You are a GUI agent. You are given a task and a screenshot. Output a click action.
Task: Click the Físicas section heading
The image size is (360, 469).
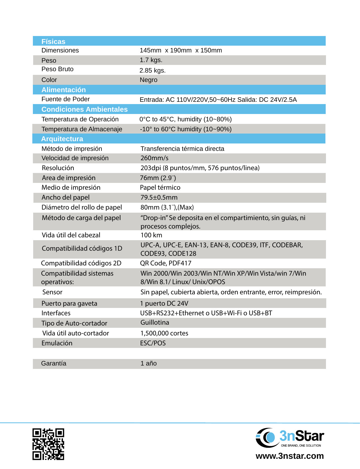tap(53, 42)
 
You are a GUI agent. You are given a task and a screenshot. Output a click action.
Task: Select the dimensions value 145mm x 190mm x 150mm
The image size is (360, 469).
tap(181, 50)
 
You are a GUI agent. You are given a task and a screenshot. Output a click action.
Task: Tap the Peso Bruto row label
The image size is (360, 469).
tap(57, 69)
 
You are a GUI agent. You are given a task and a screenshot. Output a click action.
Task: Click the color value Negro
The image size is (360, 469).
tap(148, 80)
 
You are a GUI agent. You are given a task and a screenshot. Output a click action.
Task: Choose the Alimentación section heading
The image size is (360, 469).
tap(63, 90)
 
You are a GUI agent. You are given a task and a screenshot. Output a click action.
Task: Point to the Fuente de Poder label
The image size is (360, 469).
tap(65, 99)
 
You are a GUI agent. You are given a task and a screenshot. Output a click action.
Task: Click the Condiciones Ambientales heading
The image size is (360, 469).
tap(84, 109)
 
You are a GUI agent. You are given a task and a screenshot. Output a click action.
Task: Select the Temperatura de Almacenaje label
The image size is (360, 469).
tap(82, 129)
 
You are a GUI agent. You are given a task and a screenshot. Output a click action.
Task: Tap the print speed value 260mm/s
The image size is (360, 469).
tap(154, 158)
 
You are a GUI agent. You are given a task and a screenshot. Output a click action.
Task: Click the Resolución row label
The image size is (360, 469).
tap(58, 168)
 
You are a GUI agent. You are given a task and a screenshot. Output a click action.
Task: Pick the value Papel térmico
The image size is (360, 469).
tap(160, 188)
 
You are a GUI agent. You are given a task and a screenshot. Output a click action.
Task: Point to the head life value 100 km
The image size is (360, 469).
tap(151, 235)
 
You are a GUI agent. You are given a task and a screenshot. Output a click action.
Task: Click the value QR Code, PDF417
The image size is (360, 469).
tap(166, 263)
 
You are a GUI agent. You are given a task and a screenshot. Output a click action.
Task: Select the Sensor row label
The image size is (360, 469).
tap(52, 292)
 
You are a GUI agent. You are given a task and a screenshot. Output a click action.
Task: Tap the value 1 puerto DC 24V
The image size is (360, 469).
tap(164, 304)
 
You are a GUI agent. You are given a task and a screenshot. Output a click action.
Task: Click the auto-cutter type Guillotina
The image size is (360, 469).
tap(154, 323)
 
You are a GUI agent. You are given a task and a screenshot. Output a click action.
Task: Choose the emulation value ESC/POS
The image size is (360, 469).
tap(153, 343)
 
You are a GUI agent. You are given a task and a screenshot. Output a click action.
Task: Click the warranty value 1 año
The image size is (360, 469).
tap(148, 364)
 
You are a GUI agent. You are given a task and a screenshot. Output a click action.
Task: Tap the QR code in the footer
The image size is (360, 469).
tap(48, 444)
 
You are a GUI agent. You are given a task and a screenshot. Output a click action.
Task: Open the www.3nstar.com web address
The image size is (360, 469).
tap(289, 456)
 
